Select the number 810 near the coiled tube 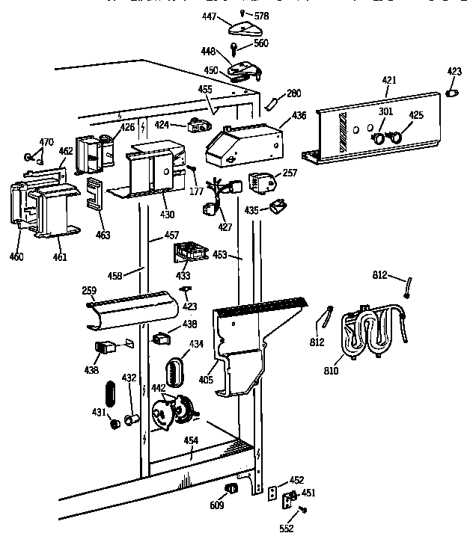click(331, 370)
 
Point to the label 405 click(207, 380)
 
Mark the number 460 click(16, 257)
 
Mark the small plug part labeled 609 click(232, 489)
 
